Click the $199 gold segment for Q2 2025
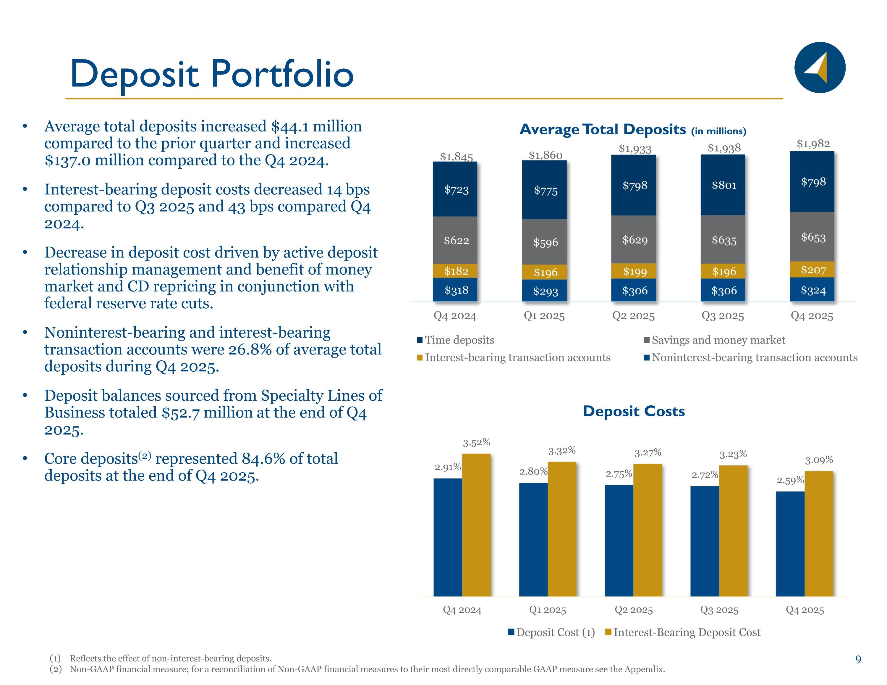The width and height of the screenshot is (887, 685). coord(634,271)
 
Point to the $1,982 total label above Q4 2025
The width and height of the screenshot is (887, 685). coord(813,144)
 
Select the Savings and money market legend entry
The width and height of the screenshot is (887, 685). coord(714,340)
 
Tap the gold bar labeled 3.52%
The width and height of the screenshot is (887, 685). coord(476,525)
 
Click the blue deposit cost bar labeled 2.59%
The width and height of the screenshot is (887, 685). coord(790,544)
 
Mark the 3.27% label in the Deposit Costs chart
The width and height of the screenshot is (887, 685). coord(648,452)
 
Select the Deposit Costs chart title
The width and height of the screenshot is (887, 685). coord(634,411)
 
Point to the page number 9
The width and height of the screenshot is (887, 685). coord(858,659)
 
